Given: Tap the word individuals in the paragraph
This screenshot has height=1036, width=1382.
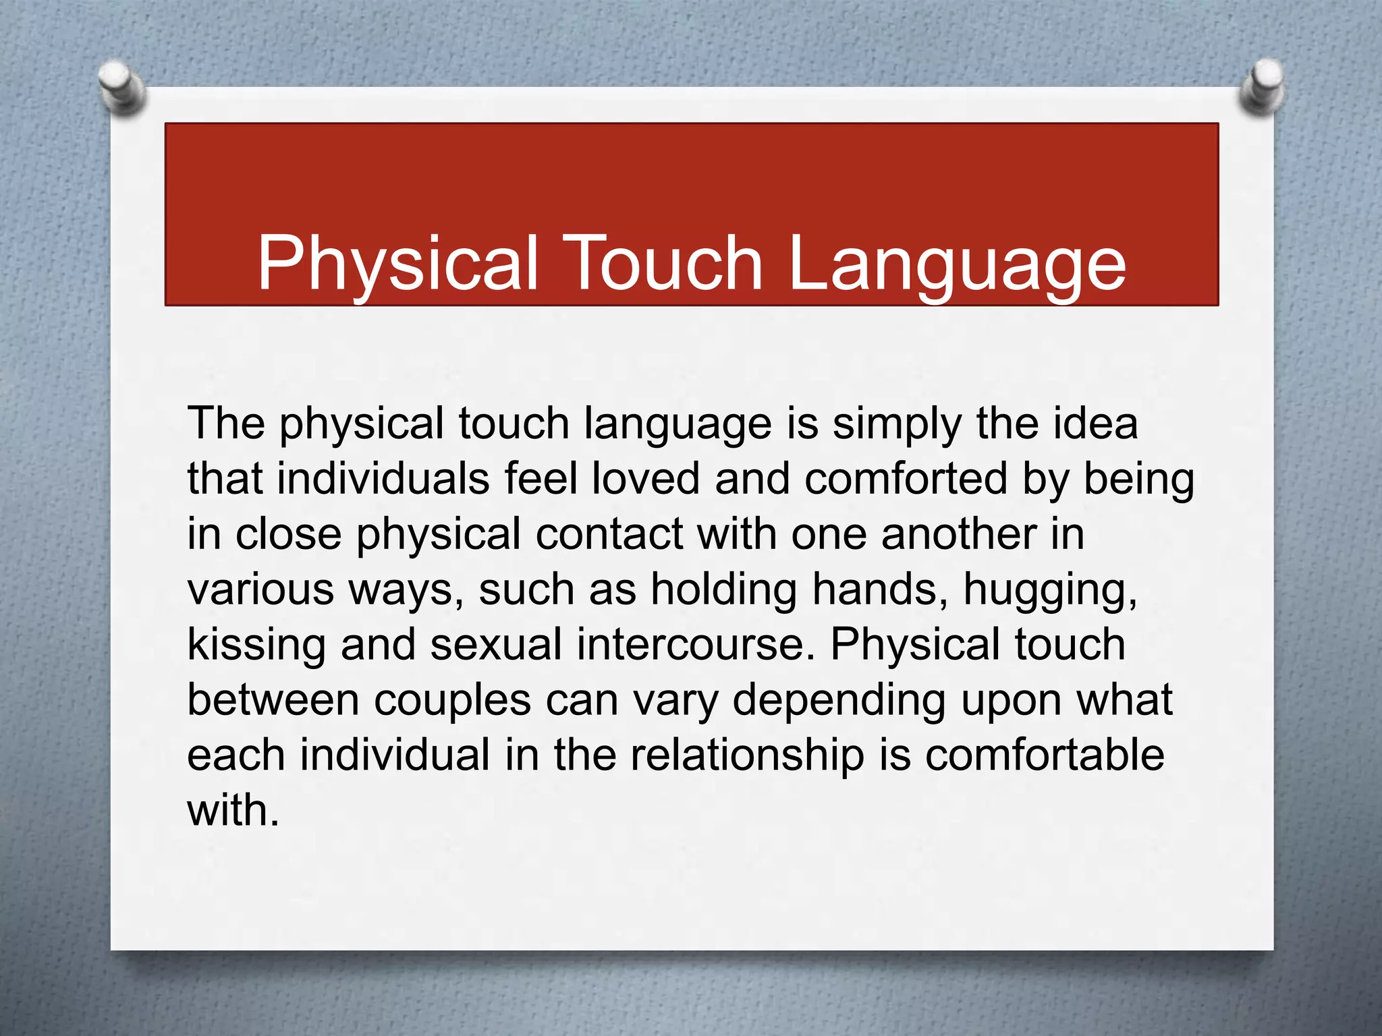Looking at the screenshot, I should (x=383, y=479).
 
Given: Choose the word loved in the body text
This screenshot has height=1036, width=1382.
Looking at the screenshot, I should (x=646, y=479).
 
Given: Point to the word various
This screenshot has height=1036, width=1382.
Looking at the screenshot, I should (x=260, y=589).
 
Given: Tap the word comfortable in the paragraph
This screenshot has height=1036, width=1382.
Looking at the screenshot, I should (x=1045, y=755).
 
